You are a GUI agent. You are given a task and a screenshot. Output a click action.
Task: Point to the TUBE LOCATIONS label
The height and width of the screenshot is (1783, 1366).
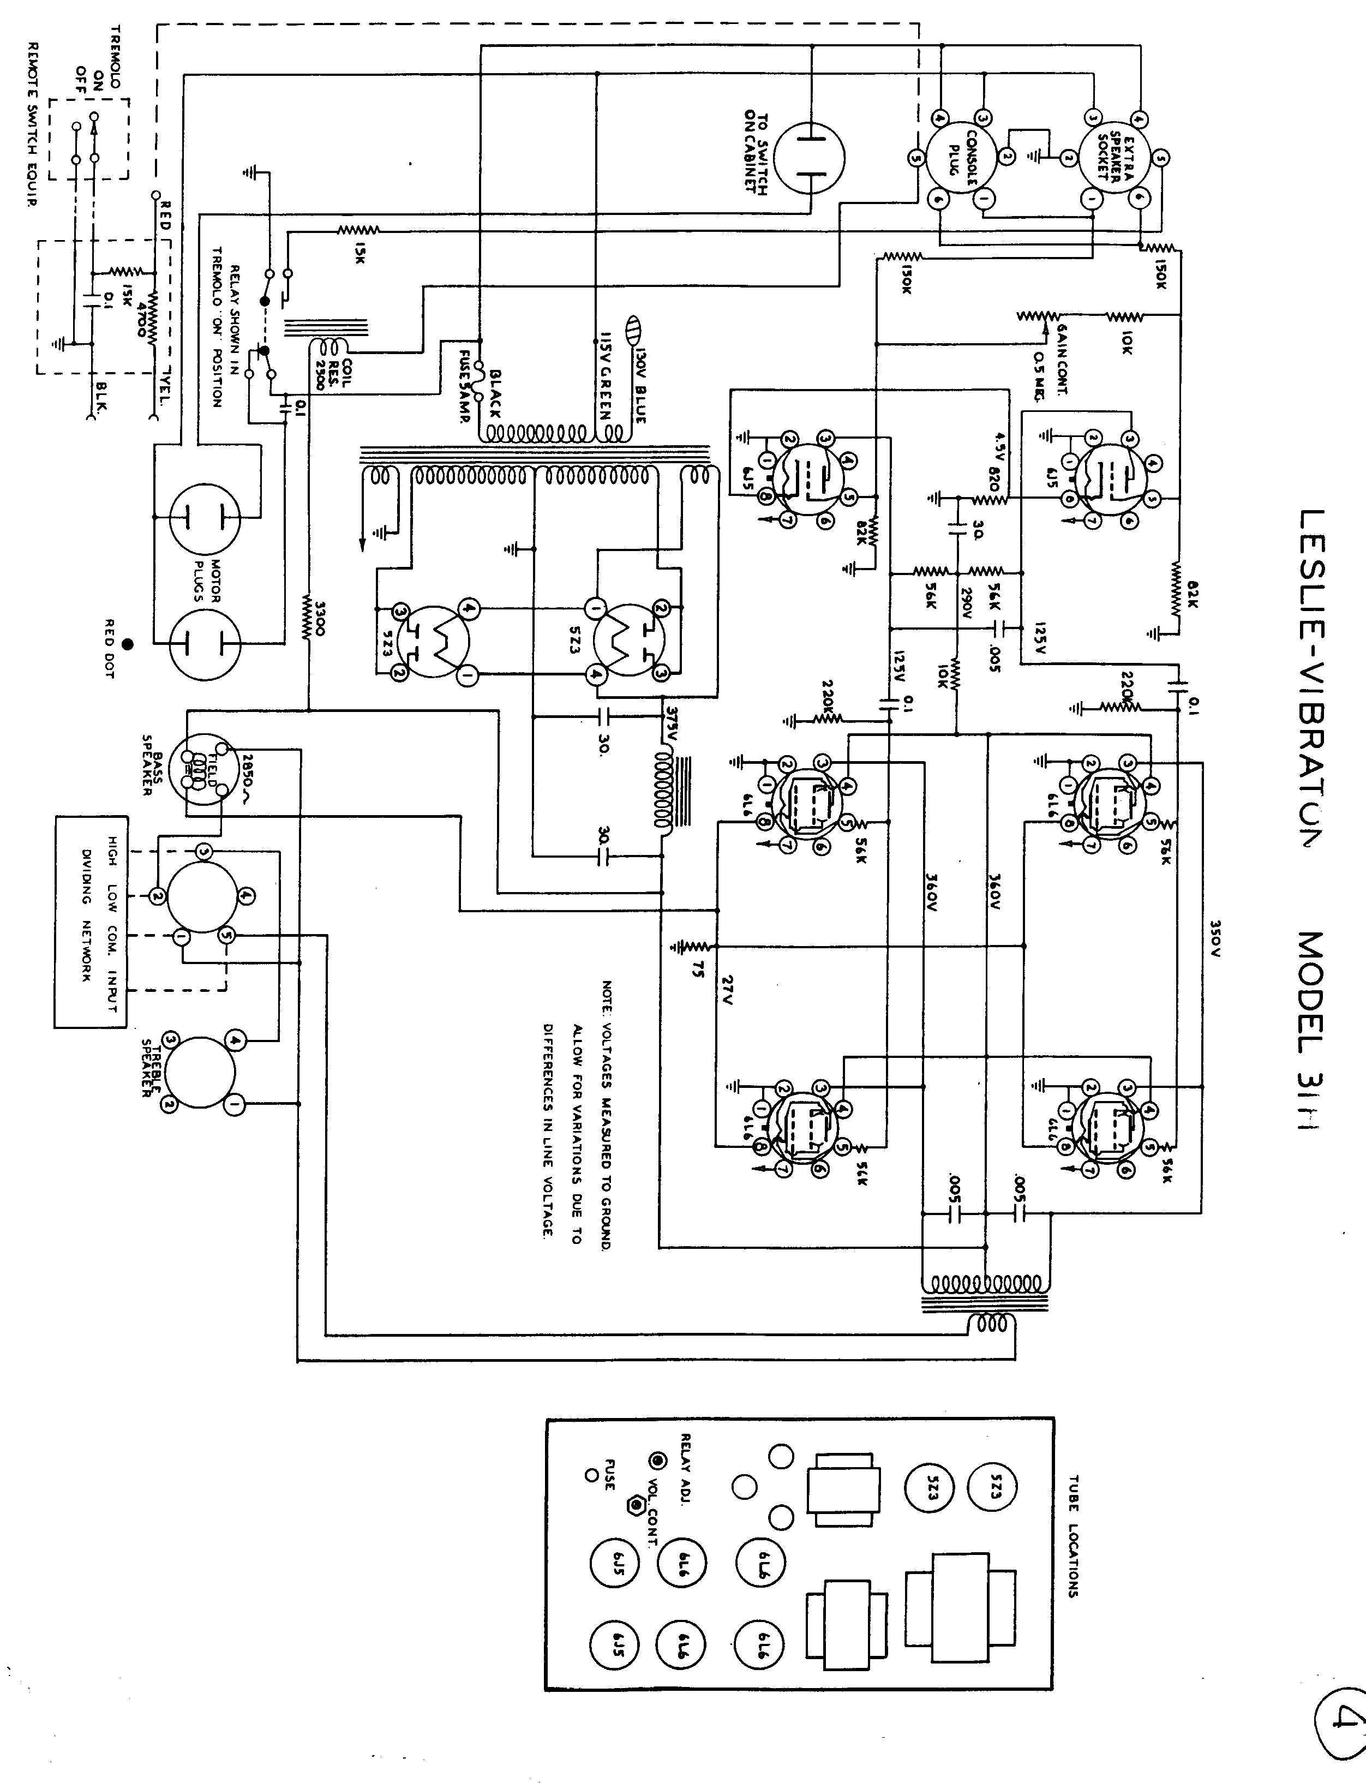click(x=1073, y=1536)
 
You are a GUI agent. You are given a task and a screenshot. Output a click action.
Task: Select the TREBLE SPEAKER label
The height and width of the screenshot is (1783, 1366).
click(x=153, y=1068)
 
